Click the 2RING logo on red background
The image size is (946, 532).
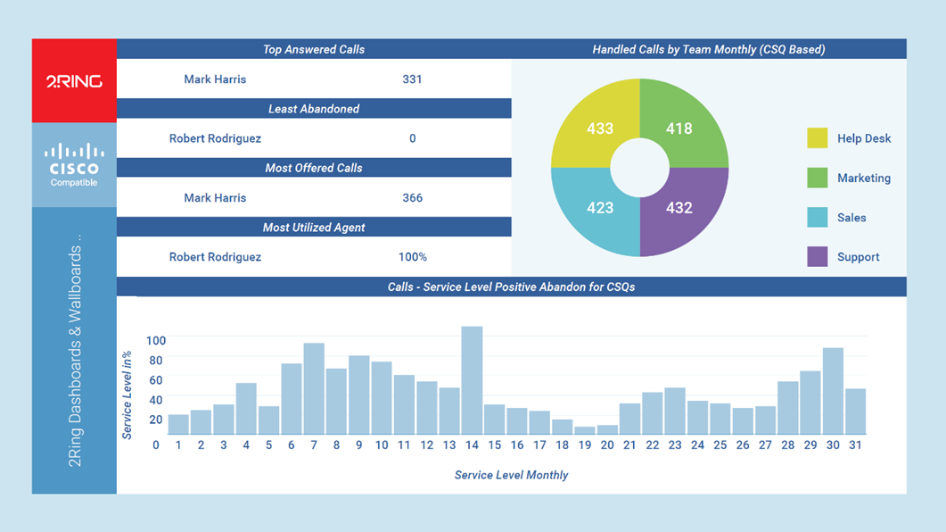tap(74, 81)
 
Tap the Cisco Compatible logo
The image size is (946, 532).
tap(74, 165)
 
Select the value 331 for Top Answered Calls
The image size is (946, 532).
tap(412, 79)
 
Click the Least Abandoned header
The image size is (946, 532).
tap(314, 109)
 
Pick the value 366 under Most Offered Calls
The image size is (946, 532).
tap(412, 198)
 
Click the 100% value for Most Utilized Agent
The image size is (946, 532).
tap(412, 257)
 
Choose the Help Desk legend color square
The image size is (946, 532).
tap(818, 138)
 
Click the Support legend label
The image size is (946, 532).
tap(858, 257)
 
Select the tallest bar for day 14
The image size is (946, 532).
tap(472, 379)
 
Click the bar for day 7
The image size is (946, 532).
tap(314, 388)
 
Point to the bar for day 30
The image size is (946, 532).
tap(833, 391)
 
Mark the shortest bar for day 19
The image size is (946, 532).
tap(585, 430)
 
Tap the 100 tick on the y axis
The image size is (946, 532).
tap(156, 341)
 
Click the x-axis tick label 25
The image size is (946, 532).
tap(720, 445)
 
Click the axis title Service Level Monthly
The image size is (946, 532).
tap(511, 475)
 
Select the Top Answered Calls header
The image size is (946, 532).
tap(314, 50)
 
